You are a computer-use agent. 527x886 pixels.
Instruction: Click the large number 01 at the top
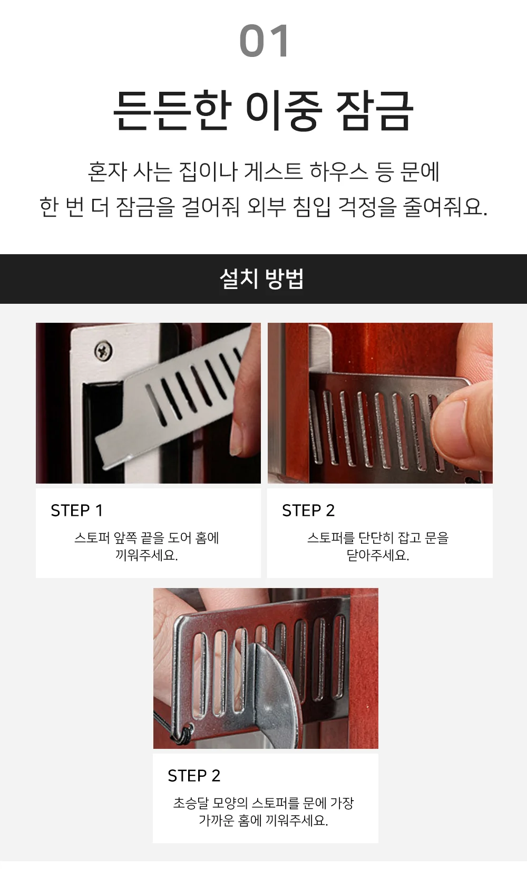[263, 41]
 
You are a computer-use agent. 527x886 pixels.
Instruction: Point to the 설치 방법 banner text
[262, 278]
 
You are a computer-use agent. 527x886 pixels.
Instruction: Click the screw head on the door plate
[104, 350]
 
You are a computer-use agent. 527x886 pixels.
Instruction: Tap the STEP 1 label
[77, 511]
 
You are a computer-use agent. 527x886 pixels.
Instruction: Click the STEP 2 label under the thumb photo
[308, 511]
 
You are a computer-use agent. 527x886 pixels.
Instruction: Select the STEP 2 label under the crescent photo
[194, 776]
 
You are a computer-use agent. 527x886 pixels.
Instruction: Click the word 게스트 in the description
[274, 172]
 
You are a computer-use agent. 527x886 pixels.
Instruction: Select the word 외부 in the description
[267, 207]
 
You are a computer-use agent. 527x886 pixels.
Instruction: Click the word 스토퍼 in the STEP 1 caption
[92, 538]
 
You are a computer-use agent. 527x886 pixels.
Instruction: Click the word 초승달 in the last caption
[191, 803]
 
